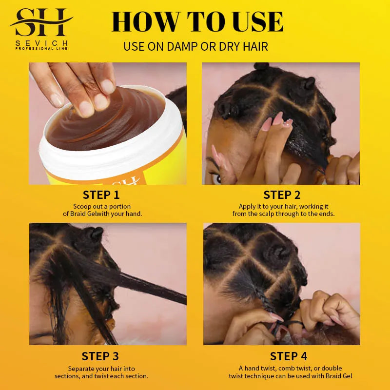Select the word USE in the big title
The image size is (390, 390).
coord(253,22)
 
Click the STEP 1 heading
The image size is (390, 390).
coord(101,195)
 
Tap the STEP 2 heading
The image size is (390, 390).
coord(282,195)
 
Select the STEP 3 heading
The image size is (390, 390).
coord(100,356)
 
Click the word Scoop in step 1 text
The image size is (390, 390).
coord(81,207)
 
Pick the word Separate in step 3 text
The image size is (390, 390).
coord(82,368)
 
